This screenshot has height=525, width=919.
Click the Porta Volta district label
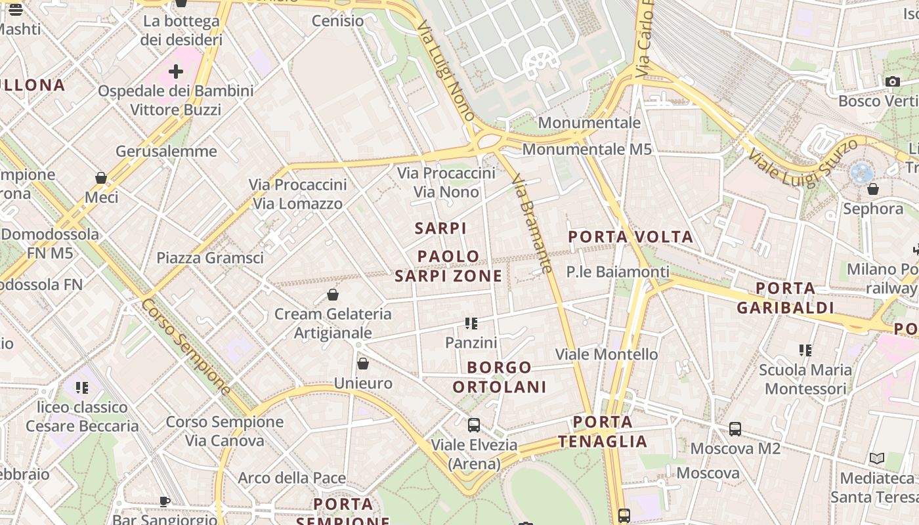click(630, 237)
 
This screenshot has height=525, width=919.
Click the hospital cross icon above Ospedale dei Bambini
click(175, 71)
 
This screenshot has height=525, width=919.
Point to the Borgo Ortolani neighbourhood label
click(500, 377)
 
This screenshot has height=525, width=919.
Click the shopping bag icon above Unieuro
click(363, 364)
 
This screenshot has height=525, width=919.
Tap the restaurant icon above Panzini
click(471, 323)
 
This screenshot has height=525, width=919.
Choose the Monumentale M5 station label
click(587, 150)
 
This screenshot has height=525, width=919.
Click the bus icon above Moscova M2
click(735, 429)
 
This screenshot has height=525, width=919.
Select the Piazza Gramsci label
click(210, 258)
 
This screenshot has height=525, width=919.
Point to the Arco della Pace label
click(291, 478)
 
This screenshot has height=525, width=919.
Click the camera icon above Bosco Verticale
click(892, 82)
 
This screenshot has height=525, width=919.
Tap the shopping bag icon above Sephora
click(872, 190)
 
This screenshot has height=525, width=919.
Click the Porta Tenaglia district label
click(603, 431)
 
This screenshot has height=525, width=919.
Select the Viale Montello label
click(607, 354)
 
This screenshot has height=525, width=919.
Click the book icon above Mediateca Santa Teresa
click(876, 458)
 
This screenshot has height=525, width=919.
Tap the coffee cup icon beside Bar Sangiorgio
click(165, 501)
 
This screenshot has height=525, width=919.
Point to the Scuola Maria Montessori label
click(805, 379)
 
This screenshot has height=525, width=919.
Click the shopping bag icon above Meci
click(101, 178)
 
